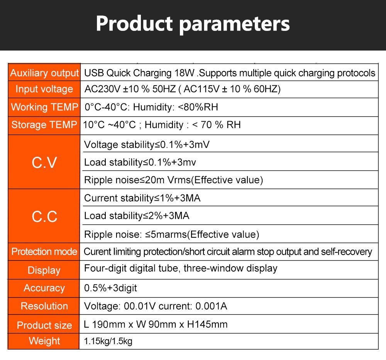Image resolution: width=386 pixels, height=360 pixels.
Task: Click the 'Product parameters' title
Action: [x=193, y=24]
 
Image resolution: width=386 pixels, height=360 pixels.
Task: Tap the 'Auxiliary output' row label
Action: [x=44, y=73]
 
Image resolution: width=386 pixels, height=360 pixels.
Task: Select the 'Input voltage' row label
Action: [x=44, y=89]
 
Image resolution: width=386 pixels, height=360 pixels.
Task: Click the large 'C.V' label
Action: [x=44, y=162]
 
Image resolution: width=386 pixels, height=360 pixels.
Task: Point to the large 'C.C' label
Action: [x=44, y=217]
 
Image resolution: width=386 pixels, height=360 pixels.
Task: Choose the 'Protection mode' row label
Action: [x=44, y=252]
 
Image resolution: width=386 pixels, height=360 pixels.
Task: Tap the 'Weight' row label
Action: [x=44, y=341]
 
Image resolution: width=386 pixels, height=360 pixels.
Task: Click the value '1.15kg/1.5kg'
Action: [x=108, y=341]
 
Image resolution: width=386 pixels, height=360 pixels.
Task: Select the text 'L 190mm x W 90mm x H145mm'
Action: [x=156, y=325]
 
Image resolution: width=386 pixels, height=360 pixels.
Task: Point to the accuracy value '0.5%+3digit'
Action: [x=110, y=288]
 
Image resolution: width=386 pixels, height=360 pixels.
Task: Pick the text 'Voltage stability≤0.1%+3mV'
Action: [x=147, y=145]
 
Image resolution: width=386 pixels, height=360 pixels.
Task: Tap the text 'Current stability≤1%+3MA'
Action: [x=142, y=198]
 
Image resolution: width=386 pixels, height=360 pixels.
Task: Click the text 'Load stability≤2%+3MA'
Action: [x=137, y=216]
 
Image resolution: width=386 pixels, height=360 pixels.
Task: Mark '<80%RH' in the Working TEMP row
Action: [x=198, y=107]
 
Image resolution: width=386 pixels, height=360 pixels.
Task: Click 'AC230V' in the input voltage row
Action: [x=102, y=89]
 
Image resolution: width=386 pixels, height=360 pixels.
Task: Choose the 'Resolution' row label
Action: [x=44, y=306]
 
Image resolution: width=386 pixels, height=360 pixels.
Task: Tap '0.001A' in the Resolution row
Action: [x=211, y=306]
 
